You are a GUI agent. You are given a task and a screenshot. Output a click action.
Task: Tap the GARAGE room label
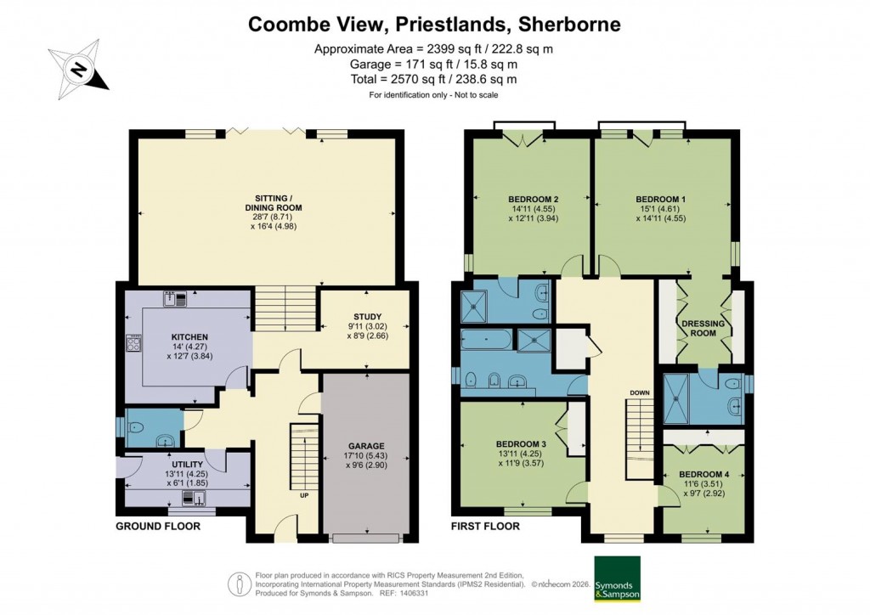(x=366, y=446)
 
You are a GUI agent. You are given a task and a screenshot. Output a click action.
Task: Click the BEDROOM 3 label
(x=520, y=444)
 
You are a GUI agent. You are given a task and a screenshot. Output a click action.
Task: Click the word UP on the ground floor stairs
(x=303, y=494)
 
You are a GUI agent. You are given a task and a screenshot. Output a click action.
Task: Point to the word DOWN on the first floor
(x=640, y=392)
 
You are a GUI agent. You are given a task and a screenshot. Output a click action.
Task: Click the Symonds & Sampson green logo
(x=617, y=579)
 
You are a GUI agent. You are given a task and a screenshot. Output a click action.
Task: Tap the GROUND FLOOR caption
(x=158, y=527)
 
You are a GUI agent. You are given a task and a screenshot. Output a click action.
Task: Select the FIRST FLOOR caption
(x=485, y=527)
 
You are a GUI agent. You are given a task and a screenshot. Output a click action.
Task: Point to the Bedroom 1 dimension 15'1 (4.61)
(x=665, y=208)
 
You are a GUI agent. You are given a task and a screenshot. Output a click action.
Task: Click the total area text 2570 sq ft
(x=434, y=79)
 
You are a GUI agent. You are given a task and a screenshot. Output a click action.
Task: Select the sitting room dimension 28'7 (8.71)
(x=268, y=217)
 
